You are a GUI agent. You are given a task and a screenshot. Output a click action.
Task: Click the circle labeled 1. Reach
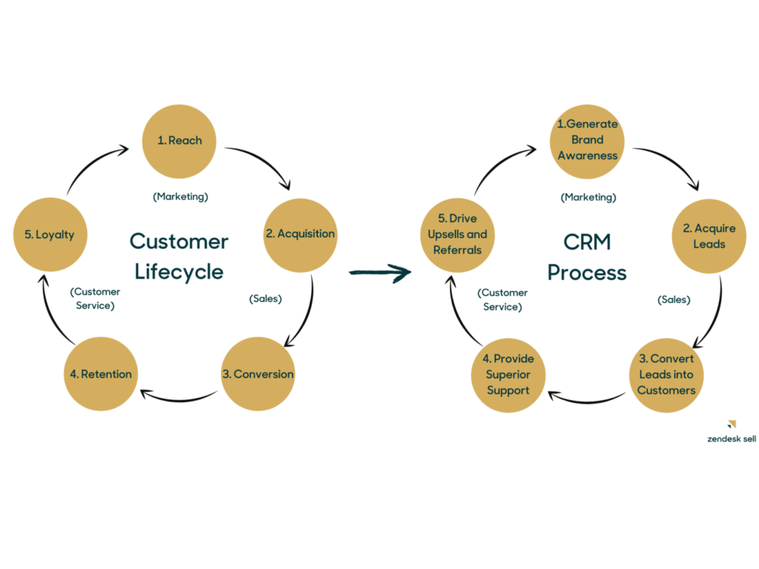(179, 141)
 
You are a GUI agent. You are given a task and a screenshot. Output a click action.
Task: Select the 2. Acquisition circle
(300, 235)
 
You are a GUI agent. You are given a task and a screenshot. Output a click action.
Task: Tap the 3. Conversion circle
(258, 374)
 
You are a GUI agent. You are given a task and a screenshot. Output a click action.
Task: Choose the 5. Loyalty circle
(49, 235)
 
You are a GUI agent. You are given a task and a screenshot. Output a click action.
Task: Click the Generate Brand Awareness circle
(587, 141)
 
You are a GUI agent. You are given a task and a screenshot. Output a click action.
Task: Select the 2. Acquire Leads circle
(709, 236)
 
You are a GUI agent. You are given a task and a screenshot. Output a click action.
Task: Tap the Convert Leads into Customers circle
(666, 375)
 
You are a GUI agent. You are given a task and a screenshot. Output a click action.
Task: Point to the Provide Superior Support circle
(508, 375)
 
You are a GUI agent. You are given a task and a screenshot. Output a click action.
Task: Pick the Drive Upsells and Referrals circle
(457, 235)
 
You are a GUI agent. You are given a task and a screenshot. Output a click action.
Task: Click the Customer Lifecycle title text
(179, 256)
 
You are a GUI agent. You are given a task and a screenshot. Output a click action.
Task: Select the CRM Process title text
(587, 256)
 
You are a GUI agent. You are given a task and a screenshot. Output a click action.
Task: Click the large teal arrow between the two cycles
(379, 273)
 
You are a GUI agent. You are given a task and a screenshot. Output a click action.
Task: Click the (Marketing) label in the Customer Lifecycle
(180, 196)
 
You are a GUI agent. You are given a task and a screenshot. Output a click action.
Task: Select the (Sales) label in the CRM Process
(674, 299)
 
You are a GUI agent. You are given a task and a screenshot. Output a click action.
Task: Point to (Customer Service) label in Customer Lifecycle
(95, 298)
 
